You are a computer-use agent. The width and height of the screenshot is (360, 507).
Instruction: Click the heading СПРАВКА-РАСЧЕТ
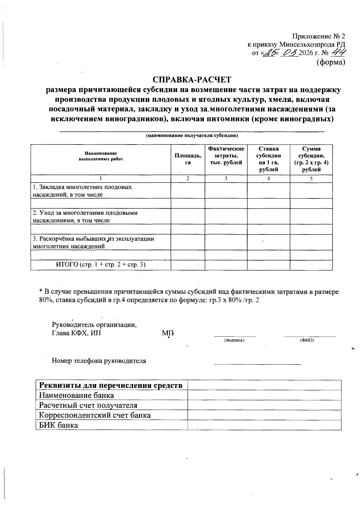192,80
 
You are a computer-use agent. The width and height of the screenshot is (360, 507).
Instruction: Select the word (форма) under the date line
331,62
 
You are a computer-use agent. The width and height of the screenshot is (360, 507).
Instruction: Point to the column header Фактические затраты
226,156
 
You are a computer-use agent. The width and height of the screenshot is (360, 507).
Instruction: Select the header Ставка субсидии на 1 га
268,159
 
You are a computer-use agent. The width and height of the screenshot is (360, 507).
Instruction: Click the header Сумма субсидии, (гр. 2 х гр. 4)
311,159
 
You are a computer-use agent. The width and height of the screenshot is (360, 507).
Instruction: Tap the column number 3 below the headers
226,178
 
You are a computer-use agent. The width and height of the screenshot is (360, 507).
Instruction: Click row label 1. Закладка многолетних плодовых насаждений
82,191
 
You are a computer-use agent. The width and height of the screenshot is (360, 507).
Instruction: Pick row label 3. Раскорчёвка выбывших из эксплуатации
93,242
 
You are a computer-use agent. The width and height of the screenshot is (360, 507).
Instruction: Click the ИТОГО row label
101,264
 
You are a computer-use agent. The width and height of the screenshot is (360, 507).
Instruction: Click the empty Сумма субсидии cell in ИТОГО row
311,265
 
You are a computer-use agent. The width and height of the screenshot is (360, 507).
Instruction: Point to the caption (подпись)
234,340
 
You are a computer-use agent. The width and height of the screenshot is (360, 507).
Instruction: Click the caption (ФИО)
307,340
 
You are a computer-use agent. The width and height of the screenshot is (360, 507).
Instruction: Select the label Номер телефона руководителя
99,361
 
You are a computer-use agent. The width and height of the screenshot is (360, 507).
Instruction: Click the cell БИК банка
58,425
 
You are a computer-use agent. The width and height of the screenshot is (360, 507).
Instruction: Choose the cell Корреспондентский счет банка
95,415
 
